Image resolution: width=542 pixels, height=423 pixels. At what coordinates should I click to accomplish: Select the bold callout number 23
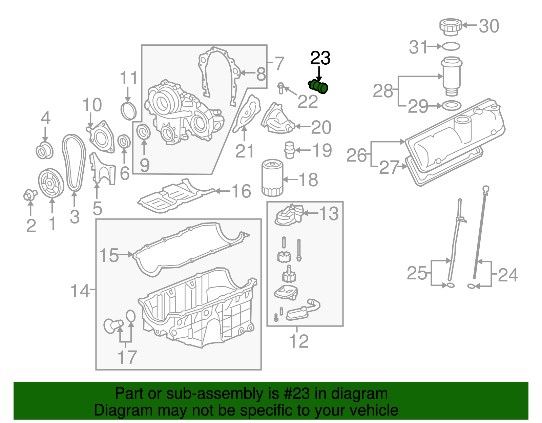pyautogui.click(x=320, y=58)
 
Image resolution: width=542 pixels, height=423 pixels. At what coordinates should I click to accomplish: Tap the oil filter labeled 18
pyautogui.click(x=272, y=178)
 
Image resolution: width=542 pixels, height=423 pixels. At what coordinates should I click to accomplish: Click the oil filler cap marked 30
pyautogui.click(x=451, y=26)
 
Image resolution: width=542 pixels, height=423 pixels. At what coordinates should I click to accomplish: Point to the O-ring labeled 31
pyautogui.click(x=451, y=46)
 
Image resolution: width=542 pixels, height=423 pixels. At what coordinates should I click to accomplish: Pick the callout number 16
pyautogui.click(x=241, y=191)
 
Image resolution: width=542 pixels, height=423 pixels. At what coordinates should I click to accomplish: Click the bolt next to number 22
pyautogui.click(x=280, y=88)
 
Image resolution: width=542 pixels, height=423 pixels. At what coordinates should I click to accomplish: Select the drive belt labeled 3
pyautogui.click(x=74, y=163)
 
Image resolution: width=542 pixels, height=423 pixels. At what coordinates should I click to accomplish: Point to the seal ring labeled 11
pyautogui.click(x=129, y=110)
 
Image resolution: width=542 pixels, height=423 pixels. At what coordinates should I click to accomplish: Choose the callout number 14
pyautogui.click(x=80, y=291)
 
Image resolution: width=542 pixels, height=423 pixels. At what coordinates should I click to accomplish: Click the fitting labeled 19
pyautogui.click(x=289, y=149)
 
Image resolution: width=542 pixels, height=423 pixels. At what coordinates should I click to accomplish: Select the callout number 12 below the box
pyautogui.click(x=299, y=341)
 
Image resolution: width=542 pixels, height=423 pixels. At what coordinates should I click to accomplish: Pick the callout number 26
pyautogui.click(x=356, y=155)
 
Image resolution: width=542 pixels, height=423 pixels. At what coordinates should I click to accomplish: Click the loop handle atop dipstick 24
pyautogui.click(x=485, y=189)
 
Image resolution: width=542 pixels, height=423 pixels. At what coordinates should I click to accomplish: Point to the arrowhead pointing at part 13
pyautogui.click(x=305, y=213)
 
